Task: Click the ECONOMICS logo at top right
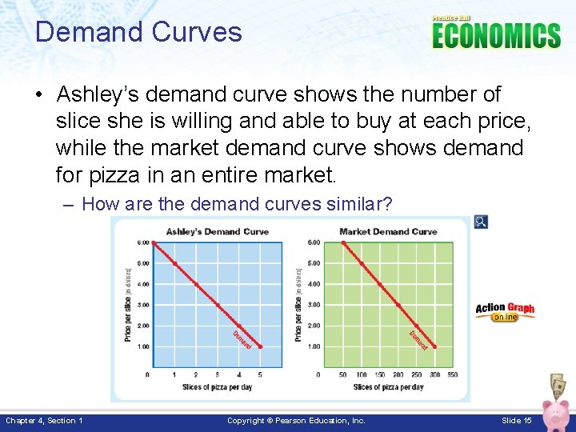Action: (x=496, y=34)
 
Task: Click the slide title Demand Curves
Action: (x=138, y=32)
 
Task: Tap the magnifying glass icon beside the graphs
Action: (x=480, y=222)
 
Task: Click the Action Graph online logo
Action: (x=505, y=311)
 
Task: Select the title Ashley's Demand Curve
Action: (x=217, y=232)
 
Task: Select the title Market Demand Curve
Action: (x=388, y=232)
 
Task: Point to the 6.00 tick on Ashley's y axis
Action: (x=142, y=242)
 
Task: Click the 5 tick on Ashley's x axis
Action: (x=260, y=374)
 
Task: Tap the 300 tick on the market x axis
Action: (x=434, y=374)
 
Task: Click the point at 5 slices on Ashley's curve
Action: (x=260, y=346)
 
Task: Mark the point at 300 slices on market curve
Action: (x=434, y=346)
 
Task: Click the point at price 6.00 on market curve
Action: (x=343, y=242)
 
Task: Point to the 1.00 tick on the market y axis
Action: (x=314, y=346)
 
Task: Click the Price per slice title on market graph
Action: (x=298, y=304)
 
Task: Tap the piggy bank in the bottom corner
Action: (x=555, y=412)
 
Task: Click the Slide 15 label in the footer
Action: (x=517, y=421)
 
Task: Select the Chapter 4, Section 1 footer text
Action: (x=44, y=421)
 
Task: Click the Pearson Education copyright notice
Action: (x=296, y=421)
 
